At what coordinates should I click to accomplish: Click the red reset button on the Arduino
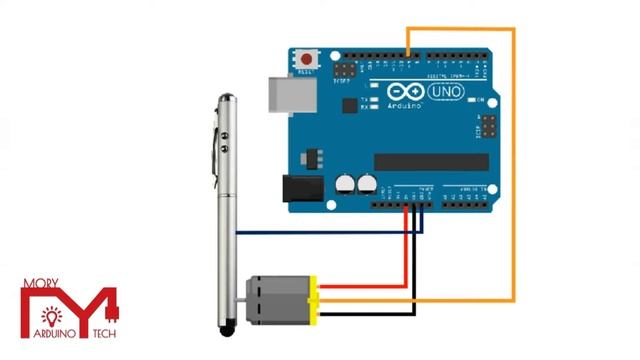click(306, 59)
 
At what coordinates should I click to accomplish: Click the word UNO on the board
click(446, 92)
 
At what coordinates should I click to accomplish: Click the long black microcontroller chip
click(431, 161)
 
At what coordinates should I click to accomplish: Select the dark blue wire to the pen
click(330, 233)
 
